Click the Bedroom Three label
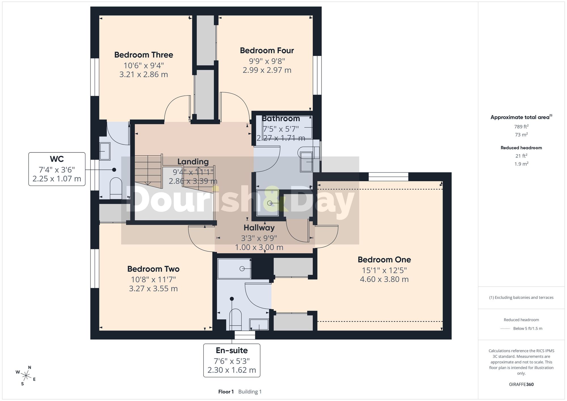point(144,55)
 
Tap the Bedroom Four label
point(267,50)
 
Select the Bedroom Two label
point(153,269)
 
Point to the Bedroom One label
point(384,260)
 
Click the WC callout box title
point(57,159)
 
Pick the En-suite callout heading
point(232,351)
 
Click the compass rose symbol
point(26,376)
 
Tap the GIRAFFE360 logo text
point(521,385)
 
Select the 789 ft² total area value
point(521,127)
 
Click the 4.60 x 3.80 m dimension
point(384,279)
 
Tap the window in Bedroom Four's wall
point(317,75)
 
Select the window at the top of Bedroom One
point(388,177)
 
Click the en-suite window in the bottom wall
point(245,335)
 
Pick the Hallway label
point(259,228)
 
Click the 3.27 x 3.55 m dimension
point(153,289)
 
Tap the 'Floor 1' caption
point(226,392)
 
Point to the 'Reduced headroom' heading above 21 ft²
point(521,148)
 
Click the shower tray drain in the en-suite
point(242,269)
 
